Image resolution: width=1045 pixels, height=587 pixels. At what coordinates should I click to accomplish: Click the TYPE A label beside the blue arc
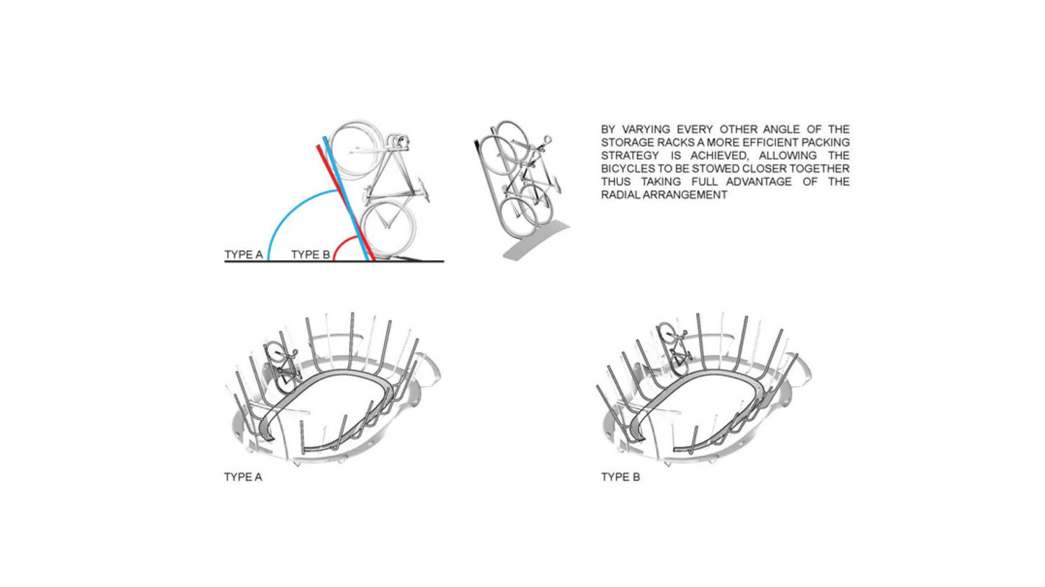coord(244,254)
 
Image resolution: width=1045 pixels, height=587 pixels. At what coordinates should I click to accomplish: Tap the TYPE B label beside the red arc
coord(311,254)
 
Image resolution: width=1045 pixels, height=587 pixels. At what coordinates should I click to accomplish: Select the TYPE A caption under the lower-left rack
coord(243,477)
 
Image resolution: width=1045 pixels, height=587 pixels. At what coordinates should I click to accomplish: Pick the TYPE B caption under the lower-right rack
coord(621,477)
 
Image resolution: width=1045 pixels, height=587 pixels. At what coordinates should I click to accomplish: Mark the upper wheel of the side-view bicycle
coord(357,150)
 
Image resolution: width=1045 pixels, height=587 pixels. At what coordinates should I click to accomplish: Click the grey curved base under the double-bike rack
coord(536,241)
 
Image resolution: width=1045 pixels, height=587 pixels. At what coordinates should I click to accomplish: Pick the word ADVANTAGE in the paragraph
coord(759,182)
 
